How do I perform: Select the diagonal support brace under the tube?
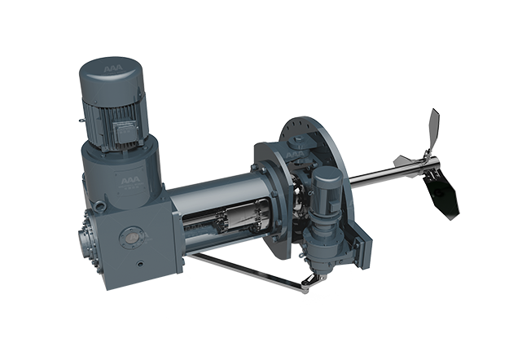point(244,270)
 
